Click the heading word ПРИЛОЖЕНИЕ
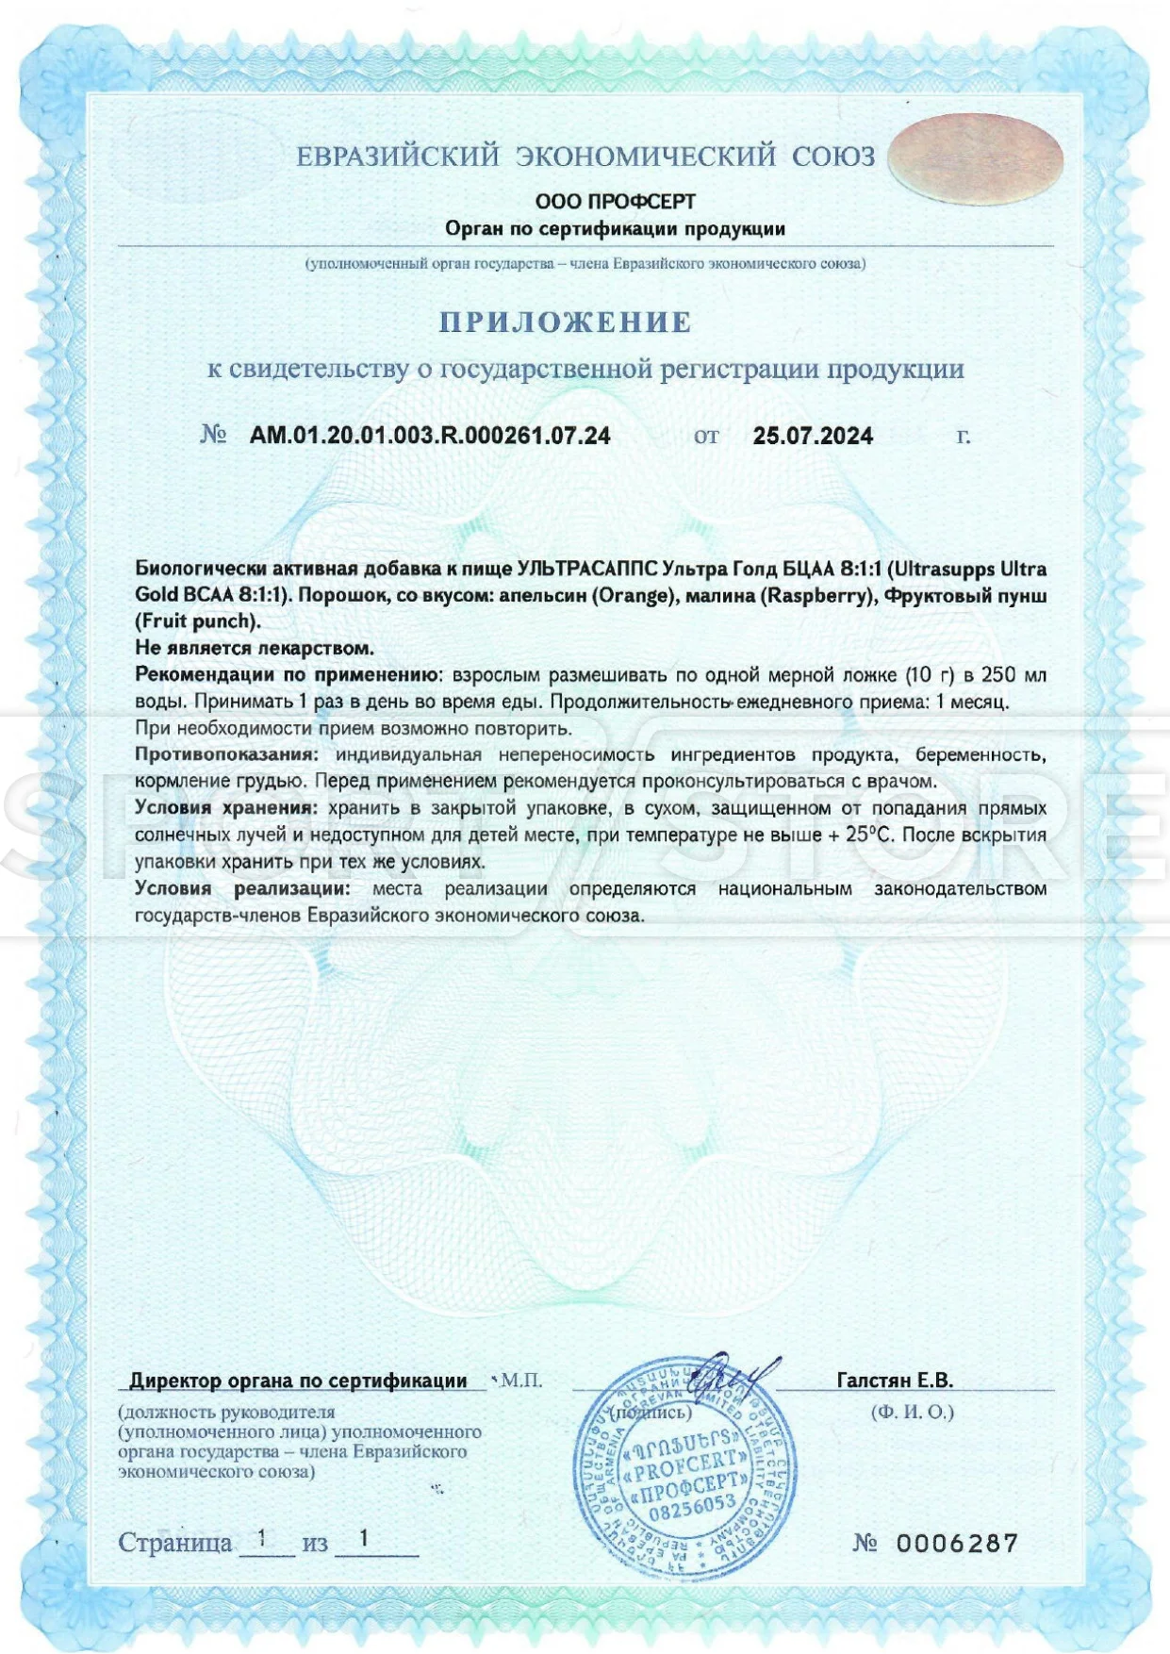(566, 323)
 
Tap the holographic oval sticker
(976, 158)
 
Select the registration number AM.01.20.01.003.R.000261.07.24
(430, 436)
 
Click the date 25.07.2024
(813, 436)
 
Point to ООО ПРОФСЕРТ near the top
(615, 202)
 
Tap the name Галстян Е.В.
(895, 1381)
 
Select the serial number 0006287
(957, 1544)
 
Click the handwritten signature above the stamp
(740, 1376)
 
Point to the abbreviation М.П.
(521, 1381)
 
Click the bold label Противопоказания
(226, 755)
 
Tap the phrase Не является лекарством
(255, 648)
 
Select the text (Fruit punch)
(198, 621)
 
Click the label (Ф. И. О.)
(912, 1413)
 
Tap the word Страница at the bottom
(175, 1544)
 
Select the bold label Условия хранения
(224, 808)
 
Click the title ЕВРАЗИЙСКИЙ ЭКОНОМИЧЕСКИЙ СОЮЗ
(585, 157)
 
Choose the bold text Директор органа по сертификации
(298, 1381)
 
